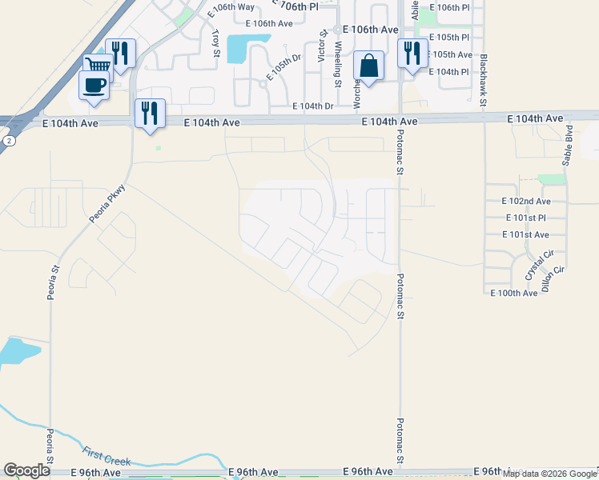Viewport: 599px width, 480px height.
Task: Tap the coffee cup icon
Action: click(x=94, y=84)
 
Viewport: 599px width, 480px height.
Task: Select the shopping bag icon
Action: click(x=368, y=66)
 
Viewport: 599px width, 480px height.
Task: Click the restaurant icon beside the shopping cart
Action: click(x=120, y=53)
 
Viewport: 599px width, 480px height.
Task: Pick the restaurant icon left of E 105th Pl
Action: click(x=412, y=53)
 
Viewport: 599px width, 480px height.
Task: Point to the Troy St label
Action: click(x=216, y=43)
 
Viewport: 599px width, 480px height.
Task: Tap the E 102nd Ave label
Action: click(x=526, y=201)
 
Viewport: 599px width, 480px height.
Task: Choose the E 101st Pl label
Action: click(x=526, y=218)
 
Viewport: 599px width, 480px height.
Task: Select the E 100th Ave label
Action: click(x=514, y=294)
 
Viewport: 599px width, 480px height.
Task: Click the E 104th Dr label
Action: click(x=312, y=106)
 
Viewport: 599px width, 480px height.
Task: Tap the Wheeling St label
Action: click(x=337, y=65)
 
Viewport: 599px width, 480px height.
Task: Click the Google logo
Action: click(x=26, y=470)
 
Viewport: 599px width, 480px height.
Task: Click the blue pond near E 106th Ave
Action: click(x=238, y=50)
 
